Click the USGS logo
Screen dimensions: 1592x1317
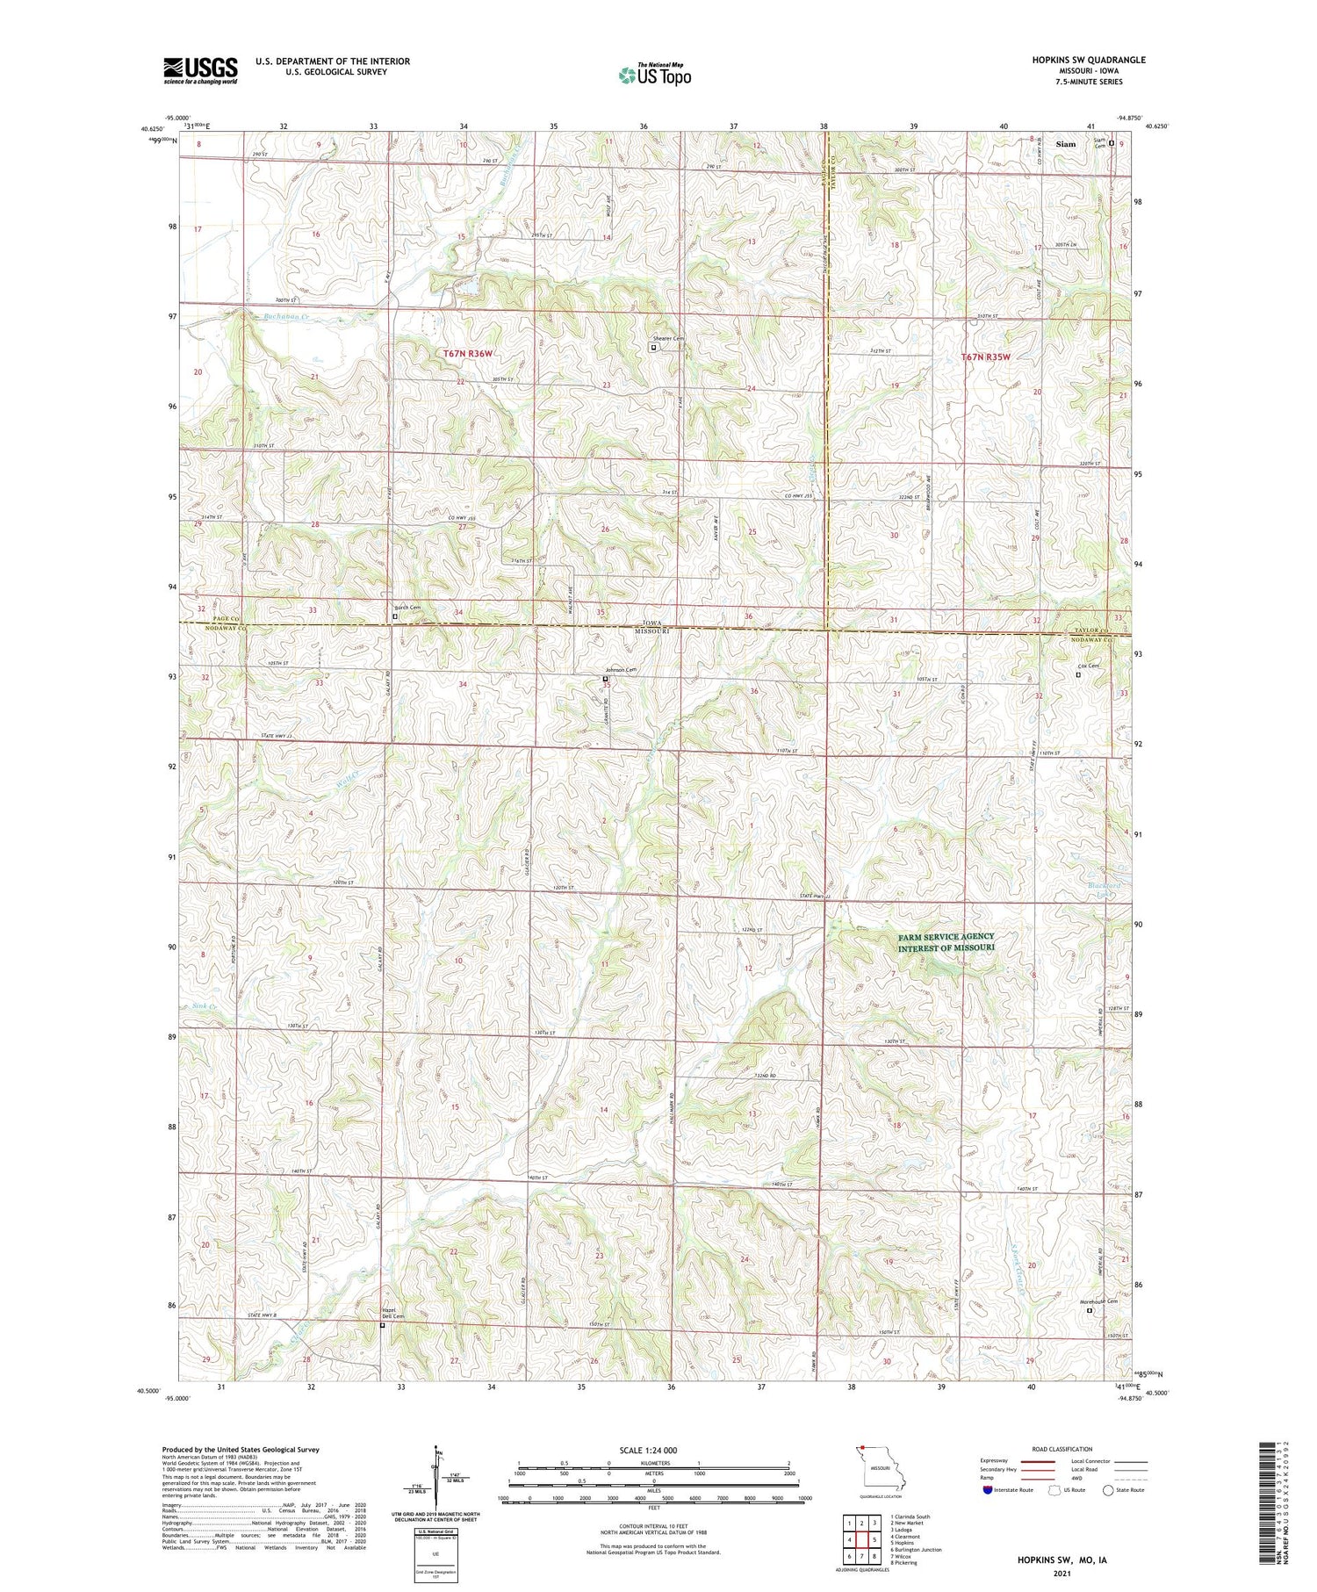point(200,70)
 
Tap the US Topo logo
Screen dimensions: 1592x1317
point(655,75)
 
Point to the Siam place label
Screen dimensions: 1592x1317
point(1066,144)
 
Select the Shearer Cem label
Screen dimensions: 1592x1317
point(667,339)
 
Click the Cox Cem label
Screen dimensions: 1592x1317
point(1088,666)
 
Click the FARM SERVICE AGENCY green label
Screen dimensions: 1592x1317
point(946,942)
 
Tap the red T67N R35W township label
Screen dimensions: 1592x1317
point(985,357)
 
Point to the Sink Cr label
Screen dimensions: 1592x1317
point(203,1006)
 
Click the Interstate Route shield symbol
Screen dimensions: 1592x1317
point(988,1490)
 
